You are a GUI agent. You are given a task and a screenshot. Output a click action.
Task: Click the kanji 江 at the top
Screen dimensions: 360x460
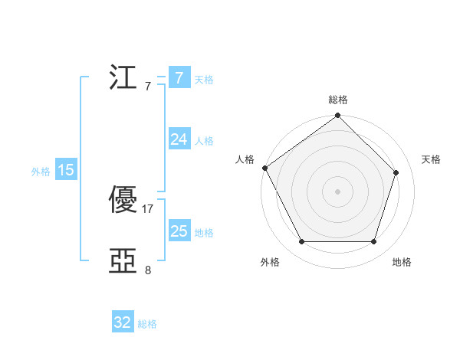pos(123,79)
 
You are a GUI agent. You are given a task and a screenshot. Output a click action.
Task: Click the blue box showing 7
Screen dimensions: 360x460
pos(179,78)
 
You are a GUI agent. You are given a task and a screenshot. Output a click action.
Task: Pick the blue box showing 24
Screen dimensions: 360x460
pos(179,139)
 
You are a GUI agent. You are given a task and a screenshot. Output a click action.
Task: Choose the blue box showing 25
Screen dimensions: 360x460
pos(179,231)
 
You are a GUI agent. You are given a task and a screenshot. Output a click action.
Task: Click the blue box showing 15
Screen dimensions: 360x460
pos(66,170)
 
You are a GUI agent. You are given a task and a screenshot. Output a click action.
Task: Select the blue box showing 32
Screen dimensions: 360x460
pos(123,322)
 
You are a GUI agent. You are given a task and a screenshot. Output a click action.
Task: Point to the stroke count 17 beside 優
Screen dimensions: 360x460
pos(148,208)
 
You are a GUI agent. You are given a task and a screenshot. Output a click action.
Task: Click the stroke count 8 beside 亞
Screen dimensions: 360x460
pos(148,270)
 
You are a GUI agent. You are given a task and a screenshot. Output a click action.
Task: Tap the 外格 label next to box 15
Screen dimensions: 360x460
pos(41,172)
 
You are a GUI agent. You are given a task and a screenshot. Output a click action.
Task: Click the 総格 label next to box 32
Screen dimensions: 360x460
pos(147,324)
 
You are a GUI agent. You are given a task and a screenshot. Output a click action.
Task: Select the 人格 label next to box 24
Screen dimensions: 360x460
pos(204,141)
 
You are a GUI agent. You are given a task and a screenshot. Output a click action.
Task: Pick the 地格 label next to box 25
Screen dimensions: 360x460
pos(204,233)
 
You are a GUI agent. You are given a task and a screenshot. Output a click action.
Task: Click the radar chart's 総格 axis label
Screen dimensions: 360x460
pos(338,100)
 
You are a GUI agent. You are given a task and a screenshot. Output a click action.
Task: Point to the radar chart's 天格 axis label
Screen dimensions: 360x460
pos(431,159)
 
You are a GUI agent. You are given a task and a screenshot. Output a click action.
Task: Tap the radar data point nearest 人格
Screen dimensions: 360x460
pos(265,168)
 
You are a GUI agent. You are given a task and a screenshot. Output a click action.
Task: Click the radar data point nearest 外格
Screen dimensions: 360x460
pos(301,242)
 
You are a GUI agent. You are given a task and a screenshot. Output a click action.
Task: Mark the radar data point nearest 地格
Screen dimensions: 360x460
pos(374,242)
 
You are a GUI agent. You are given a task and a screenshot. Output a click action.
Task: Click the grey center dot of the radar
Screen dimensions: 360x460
pos(338,191)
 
